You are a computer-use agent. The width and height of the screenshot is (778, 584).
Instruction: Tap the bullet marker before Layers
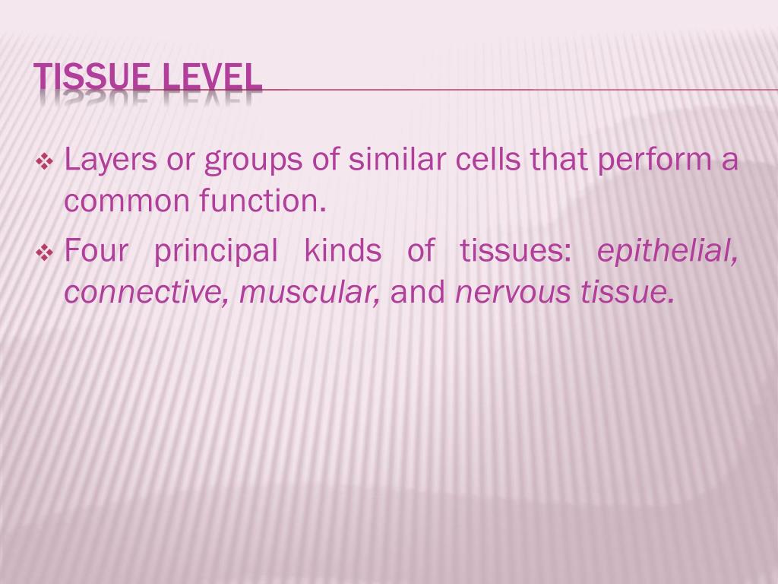pos(44,162)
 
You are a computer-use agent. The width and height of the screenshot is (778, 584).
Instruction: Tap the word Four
pos(96,251)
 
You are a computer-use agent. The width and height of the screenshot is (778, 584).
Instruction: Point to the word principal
pos(216,252)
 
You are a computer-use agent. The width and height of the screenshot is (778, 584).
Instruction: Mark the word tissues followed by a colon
pos(515,251)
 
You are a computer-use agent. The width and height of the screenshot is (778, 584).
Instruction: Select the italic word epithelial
pos(667,252)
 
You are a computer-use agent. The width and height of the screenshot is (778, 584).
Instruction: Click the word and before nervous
pos(417,292)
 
